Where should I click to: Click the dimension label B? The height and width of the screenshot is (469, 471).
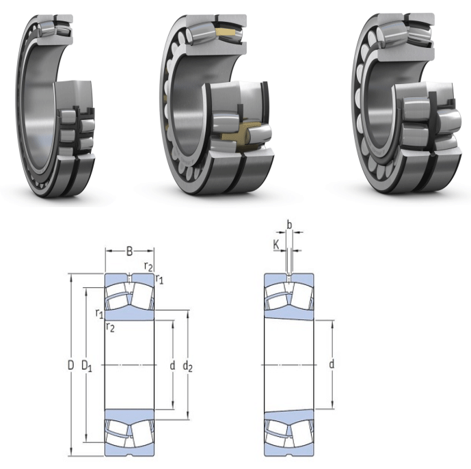click(x=129, y=251)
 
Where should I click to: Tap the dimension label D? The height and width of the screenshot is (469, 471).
click(x=70, y=365)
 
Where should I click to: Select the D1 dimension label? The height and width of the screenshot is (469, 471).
click(x=87, y=366)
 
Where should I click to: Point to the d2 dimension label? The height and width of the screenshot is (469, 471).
click(x=188, y=366)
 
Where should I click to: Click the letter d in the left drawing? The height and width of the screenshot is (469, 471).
click(x=172, y=365)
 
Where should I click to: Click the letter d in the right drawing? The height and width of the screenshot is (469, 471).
click(x=332, y=364)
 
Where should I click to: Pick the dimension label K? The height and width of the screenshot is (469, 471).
click(x=276, y=245)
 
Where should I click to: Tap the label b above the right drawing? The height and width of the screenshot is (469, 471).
click(x=289, y=224)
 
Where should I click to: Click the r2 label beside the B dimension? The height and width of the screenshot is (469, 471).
click(x=148, y=267)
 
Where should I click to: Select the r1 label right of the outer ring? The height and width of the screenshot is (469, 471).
click(x=159, y=279)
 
